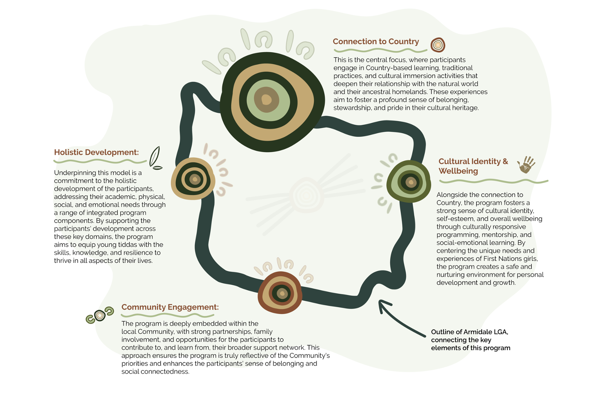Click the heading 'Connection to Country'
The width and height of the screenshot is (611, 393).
(x=375, y=42)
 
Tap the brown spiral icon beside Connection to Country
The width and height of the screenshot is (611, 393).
(x=438, y=45)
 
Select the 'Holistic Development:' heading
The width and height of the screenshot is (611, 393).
(x=96, y=152)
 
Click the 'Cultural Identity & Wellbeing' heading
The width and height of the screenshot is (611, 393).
(x=473, y=166)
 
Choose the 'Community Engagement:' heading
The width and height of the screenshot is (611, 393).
(x=170, y=307)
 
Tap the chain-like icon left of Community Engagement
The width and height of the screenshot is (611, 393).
(x=100, y=315)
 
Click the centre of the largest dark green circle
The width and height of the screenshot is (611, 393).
(x=267, y=100)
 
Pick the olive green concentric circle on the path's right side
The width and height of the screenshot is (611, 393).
(x=409, y=182)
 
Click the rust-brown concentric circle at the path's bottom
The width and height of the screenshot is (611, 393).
(x=280, y=293)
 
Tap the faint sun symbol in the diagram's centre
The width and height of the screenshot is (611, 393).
(x=307, y=195)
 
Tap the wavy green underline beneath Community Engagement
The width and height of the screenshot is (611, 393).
(x=167, y=315)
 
